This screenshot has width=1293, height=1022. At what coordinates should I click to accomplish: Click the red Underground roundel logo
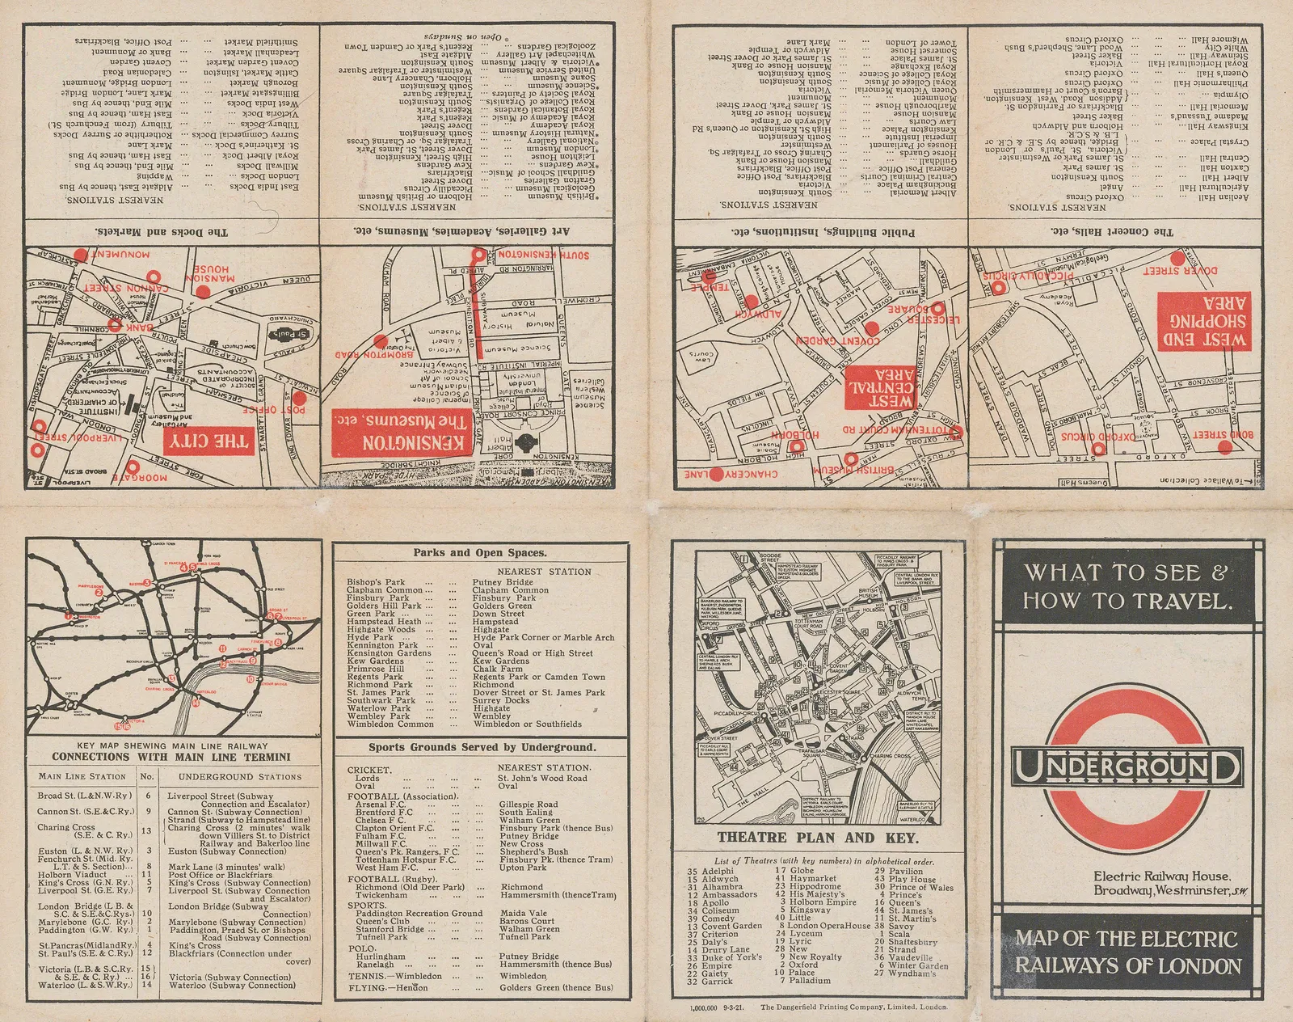[x=1127, y=765]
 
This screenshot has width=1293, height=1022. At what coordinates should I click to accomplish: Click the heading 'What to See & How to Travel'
[x=1127, y=585]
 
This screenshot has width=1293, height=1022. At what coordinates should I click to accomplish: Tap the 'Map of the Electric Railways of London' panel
[x=1127, y=952]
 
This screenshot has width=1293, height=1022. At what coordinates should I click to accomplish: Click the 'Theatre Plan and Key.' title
[x=819, y=837]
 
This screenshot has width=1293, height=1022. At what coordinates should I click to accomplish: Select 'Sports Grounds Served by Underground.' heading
[x=482, y=747]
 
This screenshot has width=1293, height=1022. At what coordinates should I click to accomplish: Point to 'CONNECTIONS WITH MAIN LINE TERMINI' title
[x=171, y=757]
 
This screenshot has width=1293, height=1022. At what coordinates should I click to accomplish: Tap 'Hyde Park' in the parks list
[x=370, y=637]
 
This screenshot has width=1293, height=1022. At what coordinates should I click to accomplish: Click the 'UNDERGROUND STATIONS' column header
[x=239, y=776]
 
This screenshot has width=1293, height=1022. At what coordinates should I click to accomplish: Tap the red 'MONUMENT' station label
[x=125, y=254]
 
